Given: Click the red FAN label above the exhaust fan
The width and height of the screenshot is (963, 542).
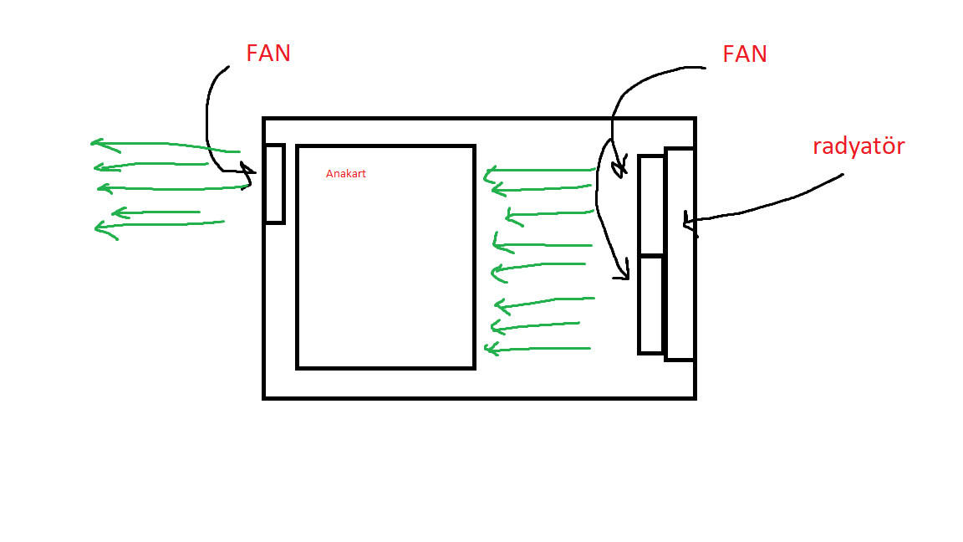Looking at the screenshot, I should click(268, 54).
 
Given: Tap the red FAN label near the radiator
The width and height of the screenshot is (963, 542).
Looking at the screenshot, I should click(745, 54).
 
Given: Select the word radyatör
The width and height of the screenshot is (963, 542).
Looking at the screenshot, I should click(859, 146).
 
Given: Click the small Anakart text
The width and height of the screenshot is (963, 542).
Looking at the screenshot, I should click(346, 174).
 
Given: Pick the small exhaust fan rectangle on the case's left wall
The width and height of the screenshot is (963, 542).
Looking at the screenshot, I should click(274, 184).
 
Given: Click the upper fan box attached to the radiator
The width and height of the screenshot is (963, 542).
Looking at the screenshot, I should click(651, 205).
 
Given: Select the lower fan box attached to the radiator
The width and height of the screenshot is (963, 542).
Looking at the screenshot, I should click(651, 304).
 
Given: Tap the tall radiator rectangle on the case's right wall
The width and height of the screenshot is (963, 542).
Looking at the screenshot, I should click(680, 254).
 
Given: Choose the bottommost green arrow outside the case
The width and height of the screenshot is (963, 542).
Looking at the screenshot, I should click(159, 225).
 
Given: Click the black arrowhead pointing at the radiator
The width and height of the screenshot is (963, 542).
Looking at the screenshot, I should click(688, 222).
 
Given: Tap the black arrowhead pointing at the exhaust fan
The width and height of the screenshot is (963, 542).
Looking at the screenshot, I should click(246, 174).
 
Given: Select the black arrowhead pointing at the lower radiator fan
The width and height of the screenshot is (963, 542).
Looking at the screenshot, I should click(622, 272).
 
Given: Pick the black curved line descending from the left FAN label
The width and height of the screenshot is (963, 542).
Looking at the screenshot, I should click(208, 117).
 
